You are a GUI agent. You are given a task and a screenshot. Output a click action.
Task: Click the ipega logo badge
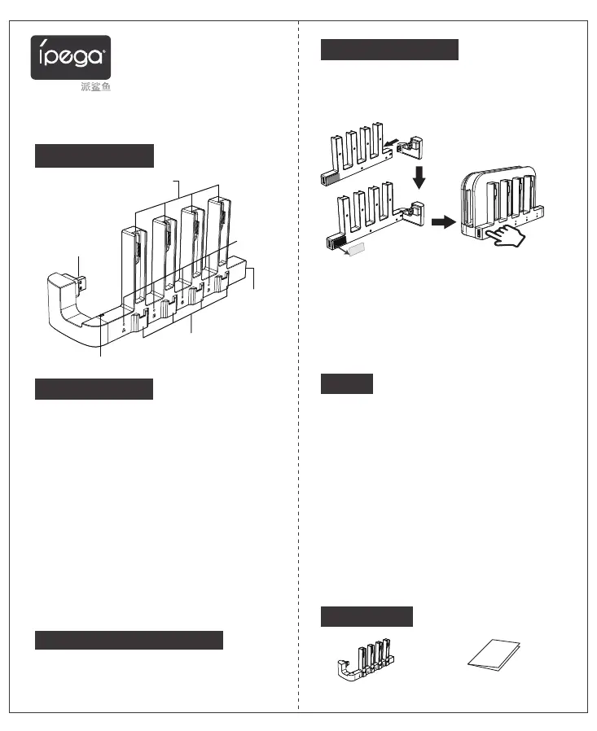pos(71,56)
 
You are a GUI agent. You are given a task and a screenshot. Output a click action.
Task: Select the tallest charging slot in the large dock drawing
pos(218,236)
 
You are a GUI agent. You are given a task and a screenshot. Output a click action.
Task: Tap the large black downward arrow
pos(419,174)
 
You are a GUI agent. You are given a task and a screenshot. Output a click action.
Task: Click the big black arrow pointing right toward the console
pos(441,222)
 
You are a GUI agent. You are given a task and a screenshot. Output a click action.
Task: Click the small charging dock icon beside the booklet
pos(367,661)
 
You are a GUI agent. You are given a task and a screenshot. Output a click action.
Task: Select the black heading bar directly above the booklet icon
pos(367,616)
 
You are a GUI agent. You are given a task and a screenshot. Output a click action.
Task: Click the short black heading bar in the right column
pos(346,383)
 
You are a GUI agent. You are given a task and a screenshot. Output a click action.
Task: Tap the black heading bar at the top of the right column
pos(389,49)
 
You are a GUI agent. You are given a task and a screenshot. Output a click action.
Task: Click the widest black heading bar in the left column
pos(129,640)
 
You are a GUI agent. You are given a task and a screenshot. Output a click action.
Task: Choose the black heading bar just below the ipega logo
pos(94,155)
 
